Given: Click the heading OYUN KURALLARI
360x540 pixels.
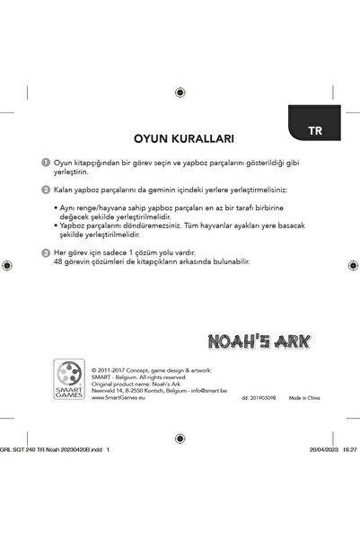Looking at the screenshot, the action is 183,139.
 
